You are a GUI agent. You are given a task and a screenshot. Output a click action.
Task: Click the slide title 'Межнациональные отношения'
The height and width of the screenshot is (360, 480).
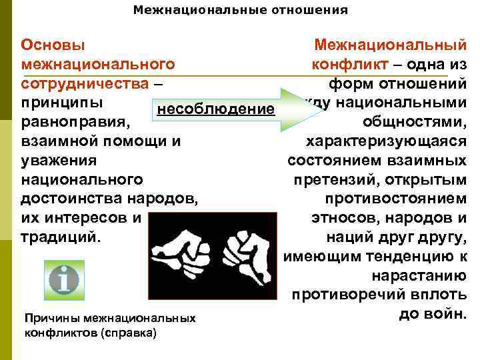pos(240,10)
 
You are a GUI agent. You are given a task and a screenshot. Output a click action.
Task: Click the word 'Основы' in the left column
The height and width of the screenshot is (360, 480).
pos(53,45)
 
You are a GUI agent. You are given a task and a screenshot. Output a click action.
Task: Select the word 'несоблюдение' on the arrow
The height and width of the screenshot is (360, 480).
pos(214,108)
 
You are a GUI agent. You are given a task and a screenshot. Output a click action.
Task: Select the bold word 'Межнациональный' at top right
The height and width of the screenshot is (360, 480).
pos(390,45)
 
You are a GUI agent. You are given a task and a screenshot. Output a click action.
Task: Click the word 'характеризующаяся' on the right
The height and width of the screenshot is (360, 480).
pos(385,141)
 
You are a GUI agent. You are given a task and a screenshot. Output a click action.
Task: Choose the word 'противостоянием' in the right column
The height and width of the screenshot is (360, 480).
pos(396,199)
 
